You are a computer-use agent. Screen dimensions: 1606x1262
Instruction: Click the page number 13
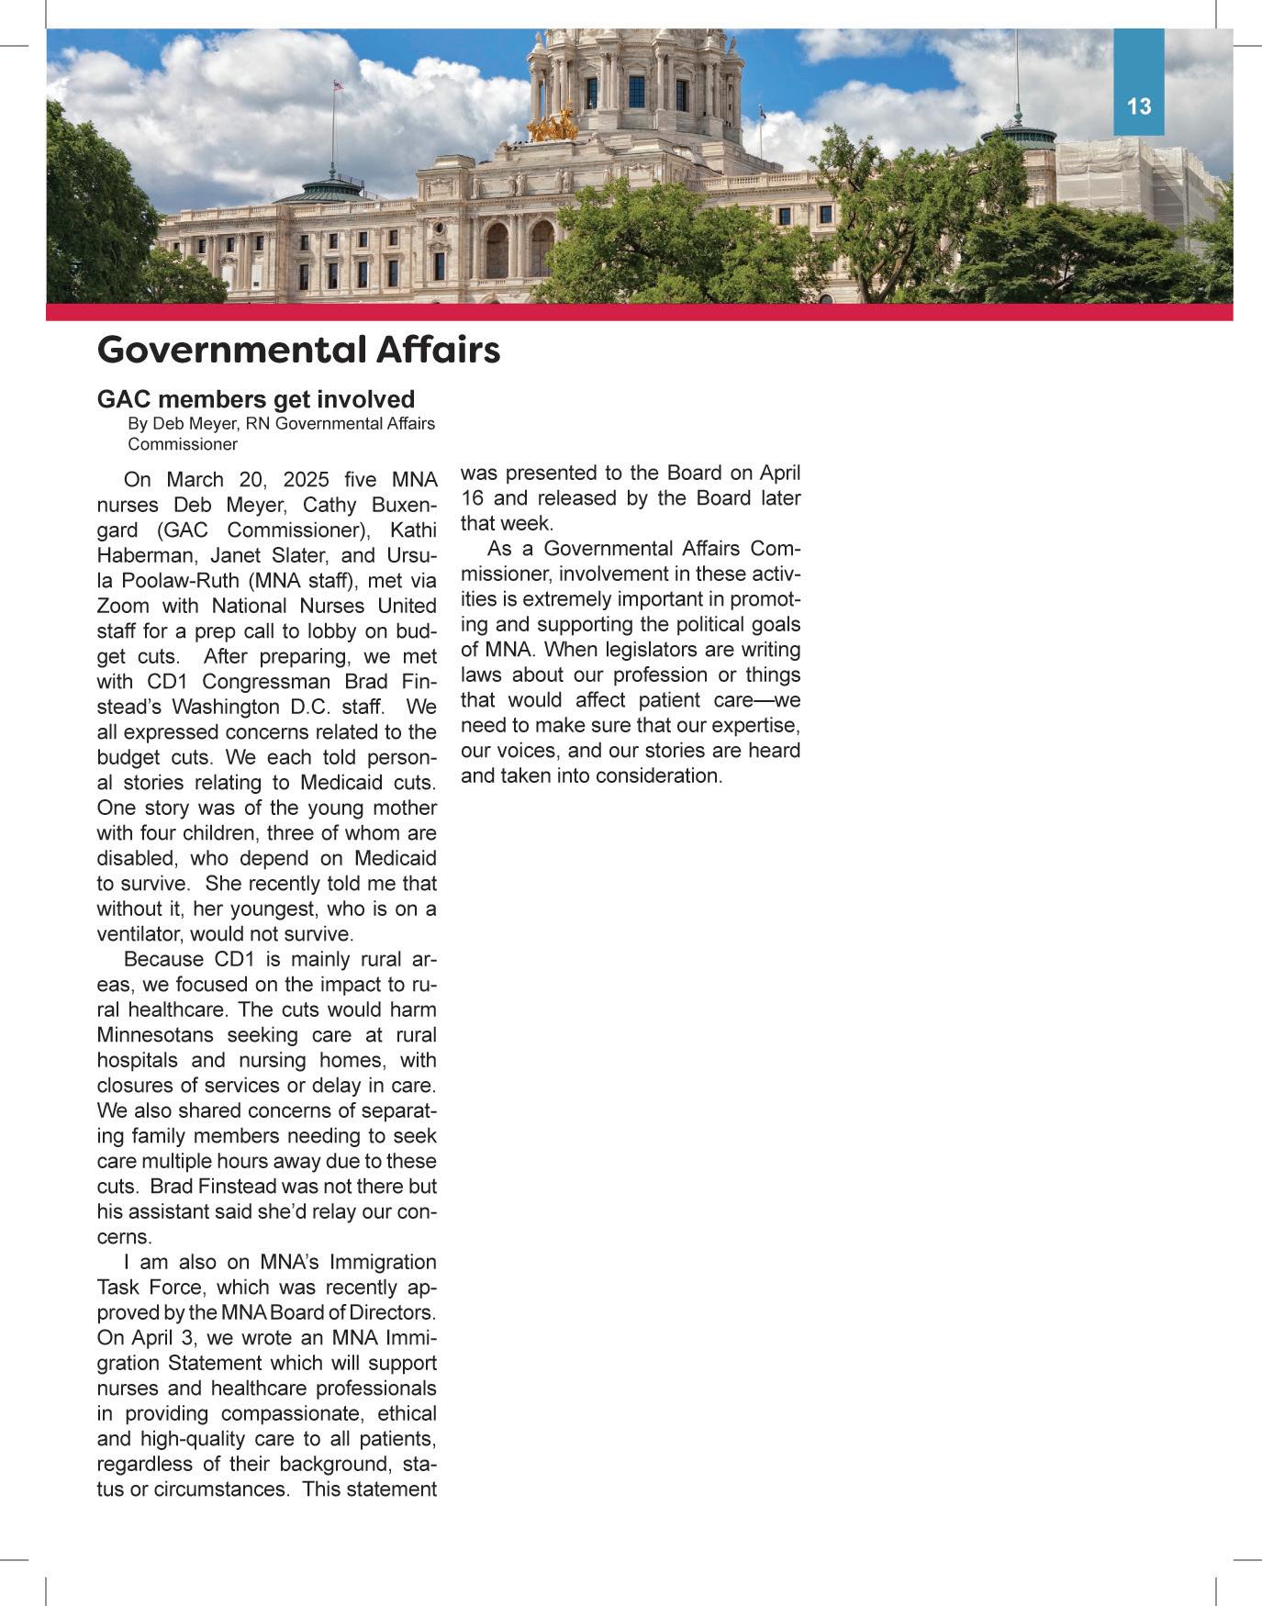tap(1138, 106)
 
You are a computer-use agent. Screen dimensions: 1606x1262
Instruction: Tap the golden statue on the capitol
tap(553, 125)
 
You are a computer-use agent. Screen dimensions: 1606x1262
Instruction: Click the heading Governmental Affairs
tap(298, 350)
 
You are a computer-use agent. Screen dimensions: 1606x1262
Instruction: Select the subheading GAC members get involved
tap(256, 399)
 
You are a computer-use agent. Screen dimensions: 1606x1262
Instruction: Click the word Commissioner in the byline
tap(183, 444)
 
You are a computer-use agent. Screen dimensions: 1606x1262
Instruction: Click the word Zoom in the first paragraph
tap(123, 607)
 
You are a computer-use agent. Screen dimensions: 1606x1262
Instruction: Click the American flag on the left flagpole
tap(338, 85)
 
